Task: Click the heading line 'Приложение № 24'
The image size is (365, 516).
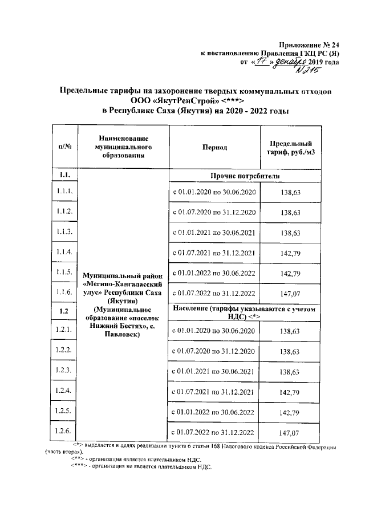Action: click(309, 45)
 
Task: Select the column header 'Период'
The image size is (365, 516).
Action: click(214, 147)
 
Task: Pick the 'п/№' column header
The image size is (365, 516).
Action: click(64, 147)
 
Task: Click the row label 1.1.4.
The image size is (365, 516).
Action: click(64, 251)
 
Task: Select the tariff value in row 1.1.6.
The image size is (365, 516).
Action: click(290, 293)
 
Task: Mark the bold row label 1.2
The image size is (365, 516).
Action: click(64, 311)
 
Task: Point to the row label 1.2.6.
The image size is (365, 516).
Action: click(64, 431)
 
